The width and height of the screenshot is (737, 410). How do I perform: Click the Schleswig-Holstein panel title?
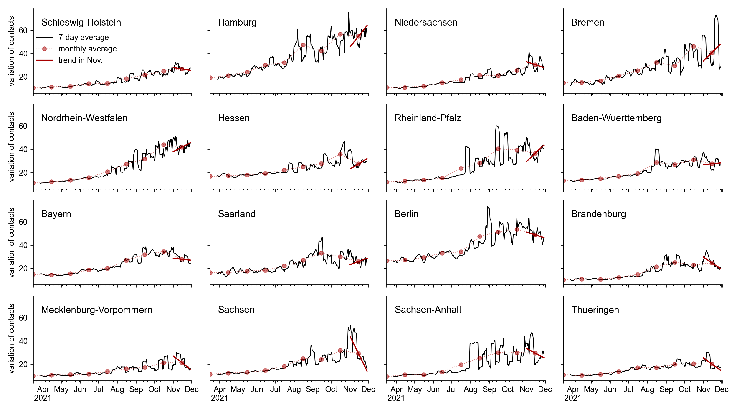[81, 22]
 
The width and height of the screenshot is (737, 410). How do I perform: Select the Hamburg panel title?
[237, 22]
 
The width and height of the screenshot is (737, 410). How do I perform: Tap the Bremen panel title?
[588, 22]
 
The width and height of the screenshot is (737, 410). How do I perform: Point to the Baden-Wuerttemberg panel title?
[616, 118]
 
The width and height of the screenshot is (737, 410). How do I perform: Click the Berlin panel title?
[406, 214]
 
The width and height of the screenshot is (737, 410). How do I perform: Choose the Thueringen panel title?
[595, 310]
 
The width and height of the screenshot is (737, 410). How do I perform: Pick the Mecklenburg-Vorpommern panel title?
[97, 310]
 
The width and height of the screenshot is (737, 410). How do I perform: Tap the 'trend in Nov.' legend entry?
[80, 60]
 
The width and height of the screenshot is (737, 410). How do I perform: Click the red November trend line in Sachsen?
[358, 353]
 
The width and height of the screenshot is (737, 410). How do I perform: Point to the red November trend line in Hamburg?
[358, 36]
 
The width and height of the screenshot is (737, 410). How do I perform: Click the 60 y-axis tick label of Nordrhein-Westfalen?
[23, 126]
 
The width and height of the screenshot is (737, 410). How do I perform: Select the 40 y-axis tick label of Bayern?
[23, 245]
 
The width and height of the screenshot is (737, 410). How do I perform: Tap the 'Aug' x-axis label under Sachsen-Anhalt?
[471, 389]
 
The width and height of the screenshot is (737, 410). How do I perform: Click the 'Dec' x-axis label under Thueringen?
[722, 389]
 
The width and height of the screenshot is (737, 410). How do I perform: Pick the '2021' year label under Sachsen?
[219, 398]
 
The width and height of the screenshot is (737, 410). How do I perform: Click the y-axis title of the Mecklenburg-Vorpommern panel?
[11, 338]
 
